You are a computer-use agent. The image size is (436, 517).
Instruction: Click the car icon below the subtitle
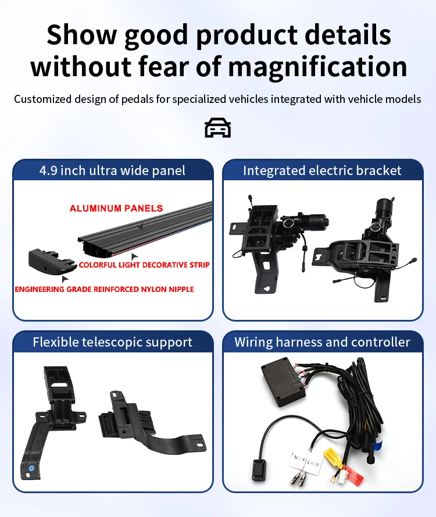(x=217, y=127)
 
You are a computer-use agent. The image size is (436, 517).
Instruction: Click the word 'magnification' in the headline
(x=317, y=67)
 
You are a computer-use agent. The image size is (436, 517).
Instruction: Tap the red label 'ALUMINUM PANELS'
(x=116, y=208)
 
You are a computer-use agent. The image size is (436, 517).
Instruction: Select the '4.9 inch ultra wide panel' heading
(x=112, y=170)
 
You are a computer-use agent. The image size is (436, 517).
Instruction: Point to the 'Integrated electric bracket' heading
(x=322, y=170)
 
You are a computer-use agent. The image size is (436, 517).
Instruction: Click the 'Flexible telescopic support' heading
(x=112, y=342)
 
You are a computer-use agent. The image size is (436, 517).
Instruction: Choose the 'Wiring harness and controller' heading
(x=322, y=342)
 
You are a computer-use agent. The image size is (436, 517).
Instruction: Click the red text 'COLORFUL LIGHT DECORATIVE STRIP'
(x=144, y=265)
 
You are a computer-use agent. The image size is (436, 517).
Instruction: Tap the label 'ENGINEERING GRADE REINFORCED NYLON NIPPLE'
(x=104, y=289)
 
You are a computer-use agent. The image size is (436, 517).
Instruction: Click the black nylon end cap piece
(x=51, y=262)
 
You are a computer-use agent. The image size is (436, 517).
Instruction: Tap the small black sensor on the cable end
(x=258, y=469)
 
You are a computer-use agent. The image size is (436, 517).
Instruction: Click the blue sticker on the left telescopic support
(x=31, y=468)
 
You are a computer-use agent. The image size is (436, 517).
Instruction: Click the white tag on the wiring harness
(x=306, y=462)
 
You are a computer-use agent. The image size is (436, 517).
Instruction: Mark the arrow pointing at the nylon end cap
(x=65, y=279)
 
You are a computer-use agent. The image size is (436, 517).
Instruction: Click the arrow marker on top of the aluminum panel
(x=141, y=226)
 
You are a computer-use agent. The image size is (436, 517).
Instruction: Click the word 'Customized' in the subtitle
(x=43, y=99)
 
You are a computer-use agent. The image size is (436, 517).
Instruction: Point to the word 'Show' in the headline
(x=82, y=35)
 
